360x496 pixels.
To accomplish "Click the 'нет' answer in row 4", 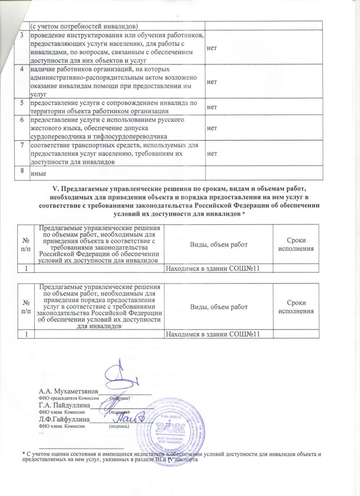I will [x=212, y=82].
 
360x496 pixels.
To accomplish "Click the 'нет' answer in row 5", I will [x=212, y=107].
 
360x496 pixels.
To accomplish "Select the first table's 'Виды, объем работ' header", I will [x=219, y=244].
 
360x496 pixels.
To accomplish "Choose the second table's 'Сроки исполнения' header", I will [x=296, y=306].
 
